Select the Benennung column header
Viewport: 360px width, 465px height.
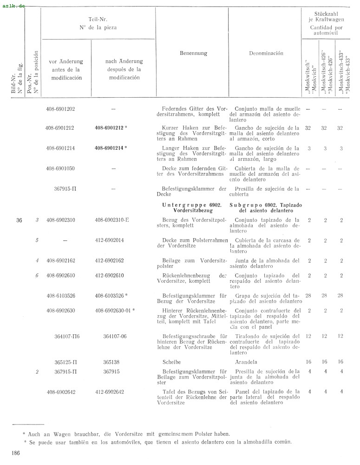click(x=193, y=53)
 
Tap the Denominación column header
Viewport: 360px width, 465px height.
click(x=266, y=53)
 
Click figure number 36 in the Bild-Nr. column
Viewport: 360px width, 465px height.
click(x=19, y=220)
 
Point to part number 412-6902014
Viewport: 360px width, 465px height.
click(x=110, y=240)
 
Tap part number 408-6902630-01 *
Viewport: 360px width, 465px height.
click(x=114, y=311)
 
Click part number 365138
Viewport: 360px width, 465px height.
click(x=111, y=361)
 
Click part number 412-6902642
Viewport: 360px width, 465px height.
click(x=110, y=392)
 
